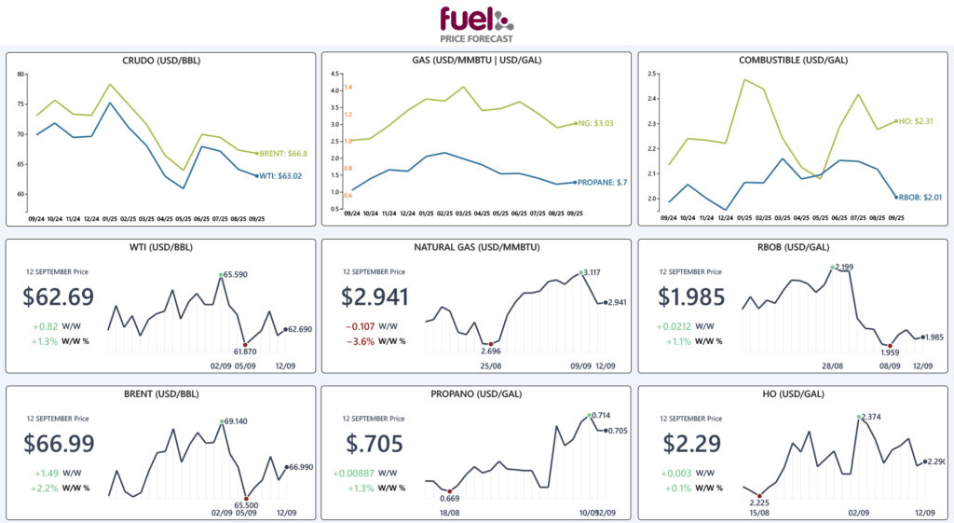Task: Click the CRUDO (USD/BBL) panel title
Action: click(x=161, y=61)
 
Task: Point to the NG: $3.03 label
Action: click(x=596, y=123)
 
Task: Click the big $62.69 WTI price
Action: click(x=59, y=297)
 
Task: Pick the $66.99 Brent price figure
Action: click(x=59, y=444)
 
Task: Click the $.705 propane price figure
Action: click(x=372, y=444)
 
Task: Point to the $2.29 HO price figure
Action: click(x=686, y=444)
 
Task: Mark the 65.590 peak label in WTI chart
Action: click(x=235, y=275)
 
